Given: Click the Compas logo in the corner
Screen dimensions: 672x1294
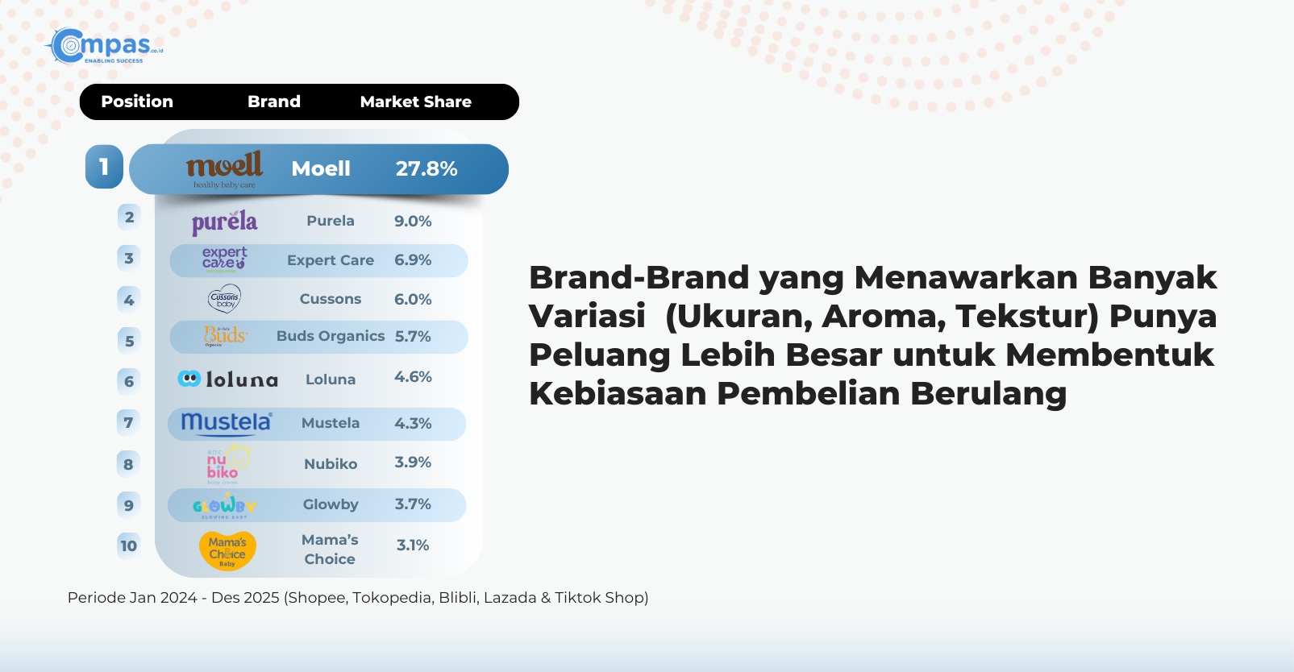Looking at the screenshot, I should coord(105,46).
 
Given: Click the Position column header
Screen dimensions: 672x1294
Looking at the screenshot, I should coord(137,102).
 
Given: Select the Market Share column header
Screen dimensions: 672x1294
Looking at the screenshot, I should coord(415,102).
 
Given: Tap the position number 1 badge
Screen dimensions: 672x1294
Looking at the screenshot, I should coord(104,167).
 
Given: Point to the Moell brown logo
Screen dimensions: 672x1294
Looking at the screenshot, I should coord(224,168).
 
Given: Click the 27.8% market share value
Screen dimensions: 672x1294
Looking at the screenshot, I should coord(426,168).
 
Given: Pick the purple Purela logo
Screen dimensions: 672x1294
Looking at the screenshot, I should coord(224,222).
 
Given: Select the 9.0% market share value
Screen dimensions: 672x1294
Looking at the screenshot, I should coord(413,221).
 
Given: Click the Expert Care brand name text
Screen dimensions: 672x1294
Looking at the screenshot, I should coord(331,260).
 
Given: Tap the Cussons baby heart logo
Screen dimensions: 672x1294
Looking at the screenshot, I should coord(224,299).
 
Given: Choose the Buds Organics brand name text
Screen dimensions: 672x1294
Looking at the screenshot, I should coord(331,336).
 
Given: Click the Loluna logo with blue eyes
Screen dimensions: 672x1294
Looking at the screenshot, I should coord(227,379).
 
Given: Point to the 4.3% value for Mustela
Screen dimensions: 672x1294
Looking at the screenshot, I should coord(413,423).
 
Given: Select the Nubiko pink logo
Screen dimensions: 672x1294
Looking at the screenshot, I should coord(224,465).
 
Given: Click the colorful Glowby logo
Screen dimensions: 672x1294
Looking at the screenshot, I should coord(224,505).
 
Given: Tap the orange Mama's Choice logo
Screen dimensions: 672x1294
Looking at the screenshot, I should coord(227,550).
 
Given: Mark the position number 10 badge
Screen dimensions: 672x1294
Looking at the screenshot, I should coord(128,545).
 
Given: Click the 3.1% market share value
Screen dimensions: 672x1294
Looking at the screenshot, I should coord(412,545).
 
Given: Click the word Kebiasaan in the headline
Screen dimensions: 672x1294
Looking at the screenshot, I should coord(617,394).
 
